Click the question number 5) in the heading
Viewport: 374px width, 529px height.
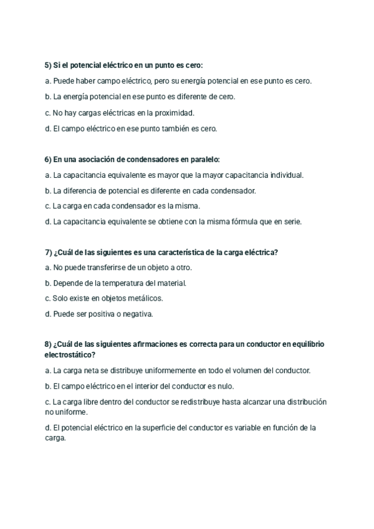49,65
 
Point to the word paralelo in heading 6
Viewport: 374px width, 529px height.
201,160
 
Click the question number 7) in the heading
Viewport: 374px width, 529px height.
49,252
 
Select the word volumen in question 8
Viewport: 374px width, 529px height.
245,371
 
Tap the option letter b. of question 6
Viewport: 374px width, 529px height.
47,191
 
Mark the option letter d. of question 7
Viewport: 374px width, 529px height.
47,314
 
